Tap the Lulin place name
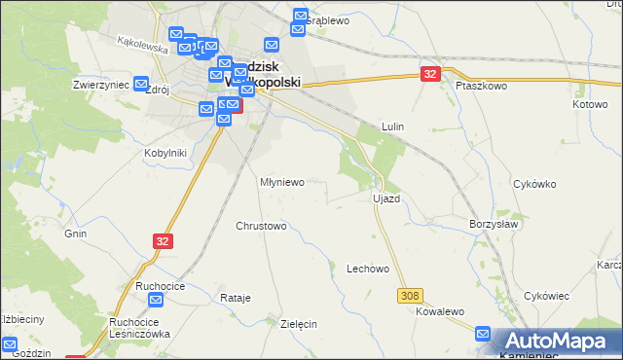(393, 126)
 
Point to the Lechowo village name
(368, 269)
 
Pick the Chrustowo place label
(261, 226)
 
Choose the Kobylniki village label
(165, 153)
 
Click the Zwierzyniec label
(101, 85)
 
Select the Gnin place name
(76, 234)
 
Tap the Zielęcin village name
(299, 324)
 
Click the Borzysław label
(493, 223)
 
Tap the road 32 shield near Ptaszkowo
(431, 73)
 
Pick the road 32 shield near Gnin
(163, 240)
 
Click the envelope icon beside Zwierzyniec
(141, 84)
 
